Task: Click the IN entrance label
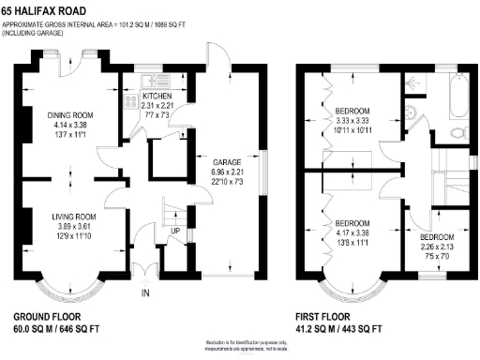[x=144, y=293]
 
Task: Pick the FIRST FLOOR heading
[x=327, y=316]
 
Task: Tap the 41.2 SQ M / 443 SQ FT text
[x=338, y=330]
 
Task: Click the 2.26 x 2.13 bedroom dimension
[x=437, y=246]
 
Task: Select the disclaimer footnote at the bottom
[x=240, y=347]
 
